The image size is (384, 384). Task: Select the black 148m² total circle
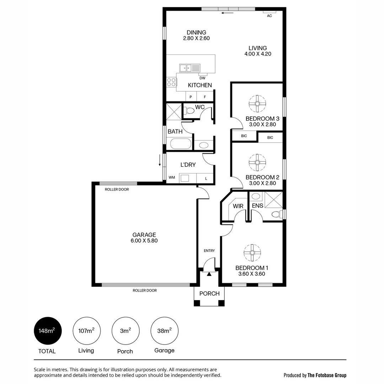click(x=48, y=331)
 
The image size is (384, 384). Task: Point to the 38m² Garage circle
click(x=164, y=331)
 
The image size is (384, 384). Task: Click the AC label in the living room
click(x=269, y=16)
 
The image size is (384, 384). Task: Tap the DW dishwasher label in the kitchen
click(x=202, y=78)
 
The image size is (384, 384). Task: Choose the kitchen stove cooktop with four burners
click(x=171, y=82)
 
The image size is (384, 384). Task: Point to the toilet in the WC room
click(x=190, y=111)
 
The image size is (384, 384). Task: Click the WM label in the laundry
click(x=172, y=177)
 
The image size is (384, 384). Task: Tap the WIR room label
click(x=238, y=206)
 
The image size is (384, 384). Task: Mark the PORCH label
click(x=209, y=293)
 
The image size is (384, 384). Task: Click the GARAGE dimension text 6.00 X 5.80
click(x=144, y=240)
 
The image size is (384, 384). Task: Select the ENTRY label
click(x=209, y=251)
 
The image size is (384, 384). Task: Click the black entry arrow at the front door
click(x=209, y=274)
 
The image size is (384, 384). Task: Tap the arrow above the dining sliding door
click(x=227, y=13)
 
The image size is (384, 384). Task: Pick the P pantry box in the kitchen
click(x=191, y=97)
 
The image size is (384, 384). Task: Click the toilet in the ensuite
click(x=276, y=214)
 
